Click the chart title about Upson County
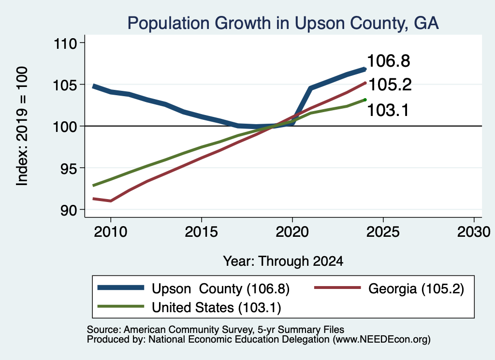(283, 23)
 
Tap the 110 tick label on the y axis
(65, 43)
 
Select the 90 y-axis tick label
(69, 210)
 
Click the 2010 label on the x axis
(111, 232)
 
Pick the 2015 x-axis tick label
(202, 232)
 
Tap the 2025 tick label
(383, 232)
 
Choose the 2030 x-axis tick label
(474, 232)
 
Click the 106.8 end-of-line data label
(389, 61)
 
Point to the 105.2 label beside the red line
(390, 85)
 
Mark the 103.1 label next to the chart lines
(388, 111)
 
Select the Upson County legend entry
(193, 288)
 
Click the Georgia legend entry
(389, 288)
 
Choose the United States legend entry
(189, 307)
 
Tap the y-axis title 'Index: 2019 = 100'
(22, 126)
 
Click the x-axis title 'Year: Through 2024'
(283, 261)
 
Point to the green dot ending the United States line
(365, 100)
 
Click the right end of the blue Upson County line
(365, 69)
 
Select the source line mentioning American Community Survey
(215, 330)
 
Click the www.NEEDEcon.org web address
(381, 340)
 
